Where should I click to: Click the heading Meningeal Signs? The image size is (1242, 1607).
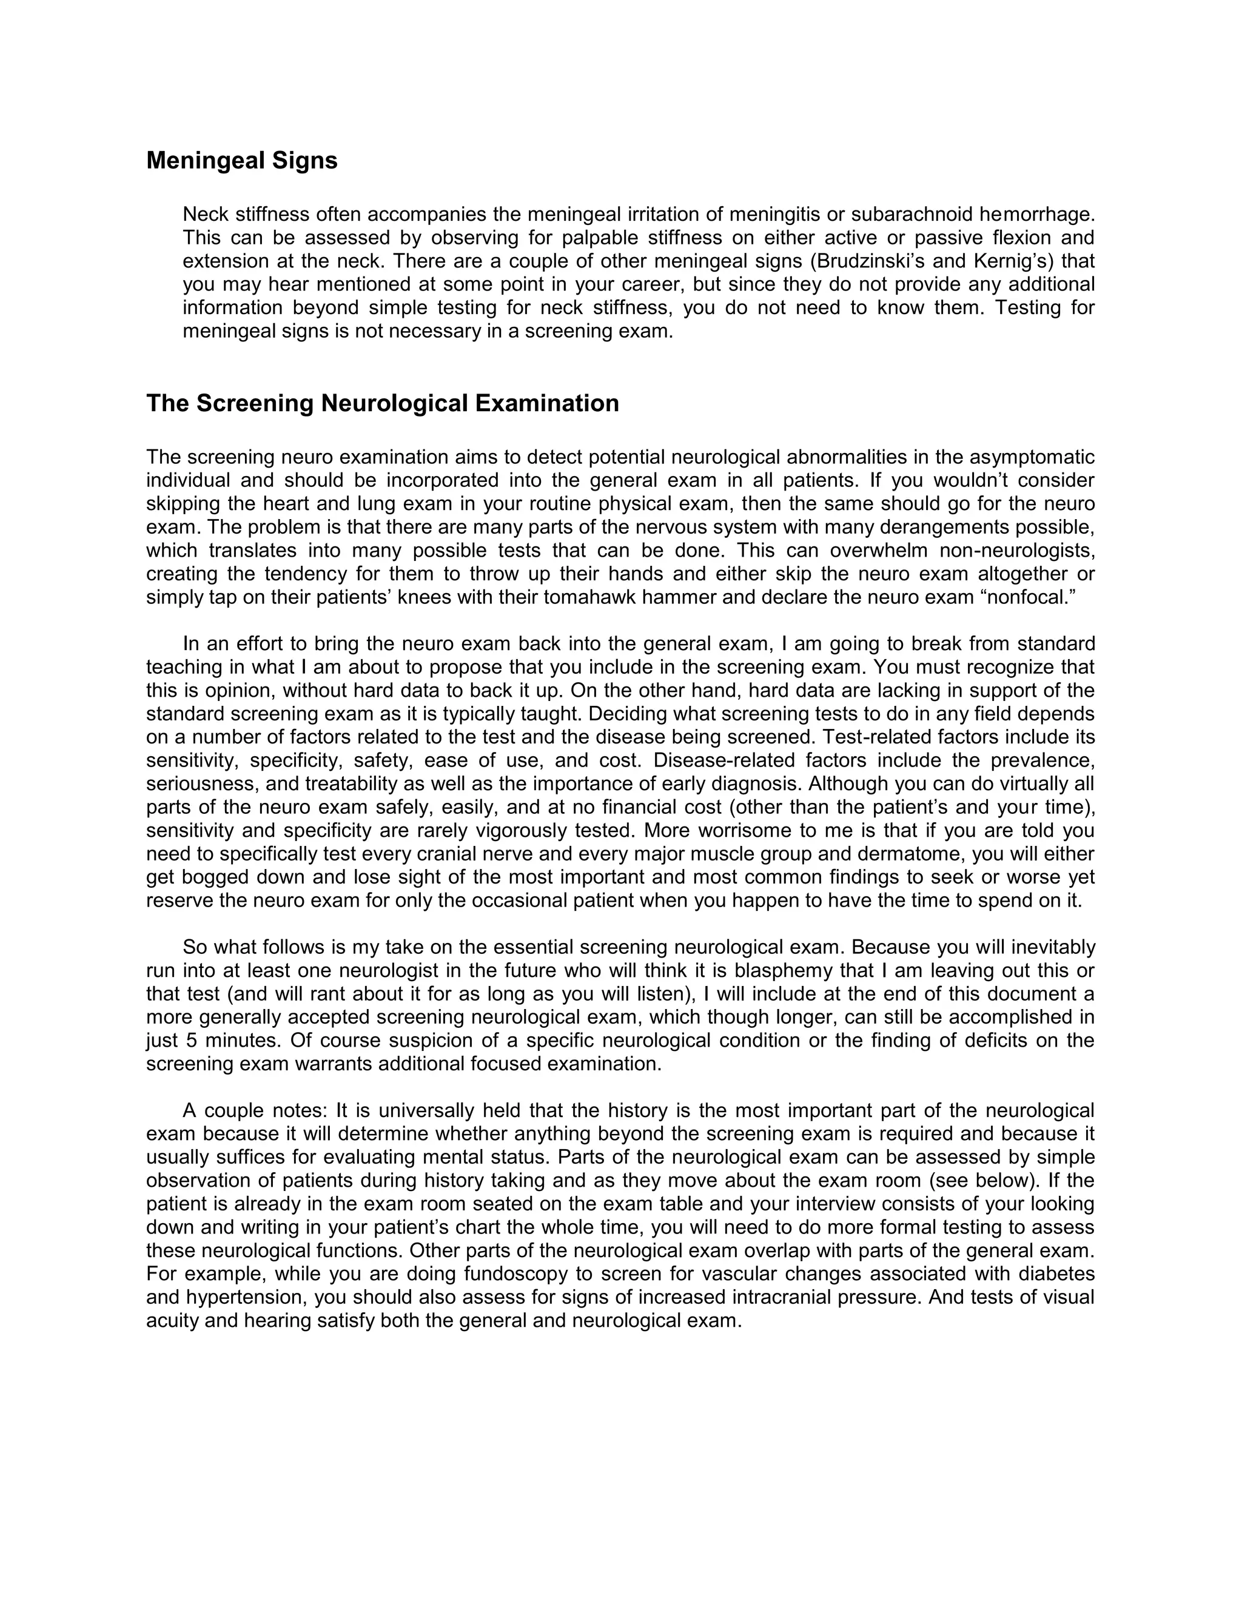click(241, 161)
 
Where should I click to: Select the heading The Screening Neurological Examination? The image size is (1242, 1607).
click(382, 403)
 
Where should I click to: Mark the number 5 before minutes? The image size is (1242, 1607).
click(190, 1041)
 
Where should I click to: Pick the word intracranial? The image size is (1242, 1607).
click(780, 1297)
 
